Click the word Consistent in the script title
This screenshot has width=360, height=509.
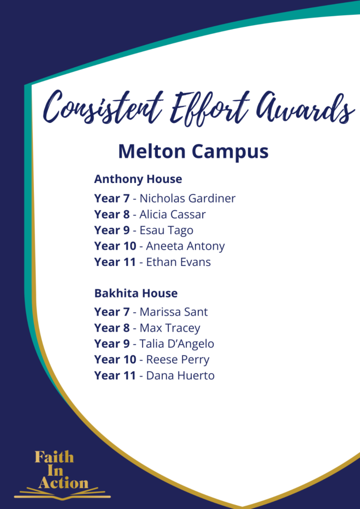tap(103, 108)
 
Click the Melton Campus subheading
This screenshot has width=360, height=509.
tap(193, 152)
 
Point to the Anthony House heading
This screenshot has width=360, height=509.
tap(138, 179)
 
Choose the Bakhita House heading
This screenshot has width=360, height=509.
tap(136, 293)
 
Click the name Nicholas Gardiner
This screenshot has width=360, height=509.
tap(187, 198)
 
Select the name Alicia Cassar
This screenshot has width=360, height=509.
tap(172, 214)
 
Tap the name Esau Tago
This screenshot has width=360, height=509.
tap(166, 230)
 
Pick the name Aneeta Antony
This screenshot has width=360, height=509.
tap(185, 246)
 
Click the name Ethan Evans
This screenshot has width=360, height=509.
tap(178, 262)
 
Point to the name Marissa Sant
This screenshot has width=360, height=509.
tap(173, 312)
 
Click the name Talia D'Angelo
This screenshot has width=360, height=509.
tap(177, 343)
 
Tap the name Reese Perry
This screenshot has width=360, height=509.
tap(178, 360)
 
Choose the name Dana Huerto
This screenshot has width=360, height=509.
tap(180, 376)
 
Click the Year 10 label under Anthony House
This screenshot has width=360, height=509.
tap(115, 246)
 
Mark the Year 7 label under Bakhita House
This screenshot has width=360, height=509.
tap(112, 312)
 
